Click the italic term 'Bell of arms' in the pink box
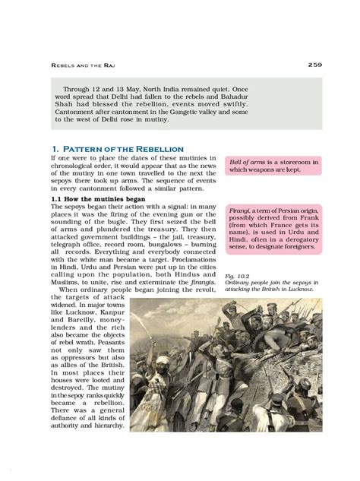pyautogui.click(x=246, y=162)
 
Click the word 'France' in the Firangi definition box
pyautogui.click(x=280, y=226)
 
